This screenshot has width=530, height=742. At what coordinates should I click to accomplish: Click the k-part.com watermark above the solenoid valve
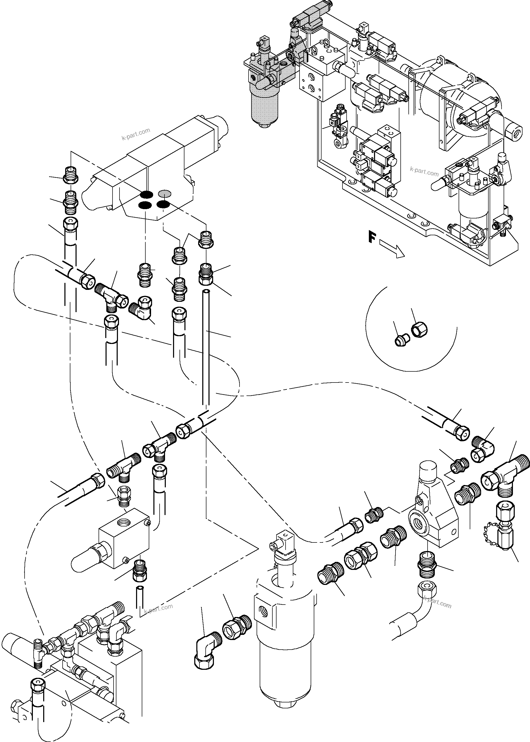[136, 134]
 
